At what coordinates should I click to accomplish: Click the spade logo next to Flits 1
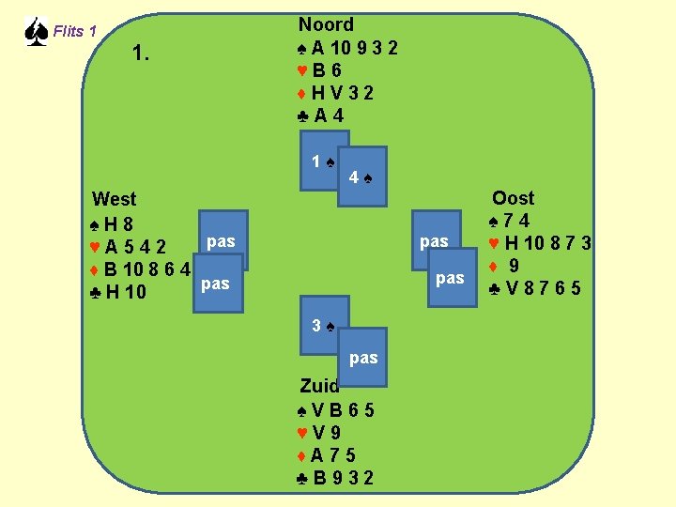[35, 32]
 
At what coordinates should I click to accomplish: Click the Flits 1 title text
[75, 32]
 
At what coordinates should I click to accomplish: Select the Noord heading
[326, 25]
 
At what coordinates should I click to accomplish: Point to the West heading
[114, 199]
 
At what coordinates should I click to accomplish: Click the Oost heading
[513, 198]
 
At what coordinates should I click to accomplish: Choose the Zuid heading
[319, 385]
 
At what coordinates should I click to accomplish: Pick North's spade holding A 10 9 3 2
[347, 48]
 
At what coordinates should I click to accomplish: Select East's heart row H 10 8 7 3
[540, 244]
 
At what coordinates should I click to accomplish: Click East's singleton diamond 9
[508, 266]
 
